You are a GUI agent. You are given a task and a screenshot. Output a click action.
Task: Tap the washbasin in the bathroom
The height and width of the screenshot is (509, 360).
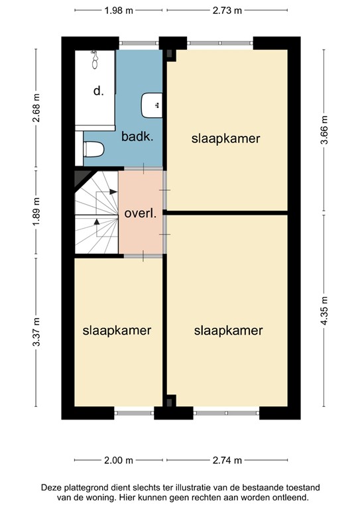pos(152,103)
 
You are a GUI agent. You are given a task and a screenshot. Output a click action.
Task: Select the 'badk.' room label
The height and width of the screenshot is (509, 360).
pos(137,138)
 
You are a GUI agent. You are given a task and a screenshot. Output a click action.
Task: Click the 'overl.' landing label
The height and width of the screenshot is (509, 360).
pos(140,214)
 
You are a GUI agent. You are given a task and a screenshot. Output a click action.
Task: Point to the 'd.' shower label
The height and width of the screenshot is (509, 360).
pos(98,91)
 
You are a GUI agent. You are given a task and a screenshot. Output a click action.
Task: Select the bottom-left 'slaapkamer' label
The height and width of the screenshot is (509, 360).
pos(117,330)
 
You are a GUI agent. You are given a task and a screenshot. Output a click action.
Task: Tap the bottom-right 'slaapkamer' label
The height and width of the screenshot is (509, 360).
pos(229,330)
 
